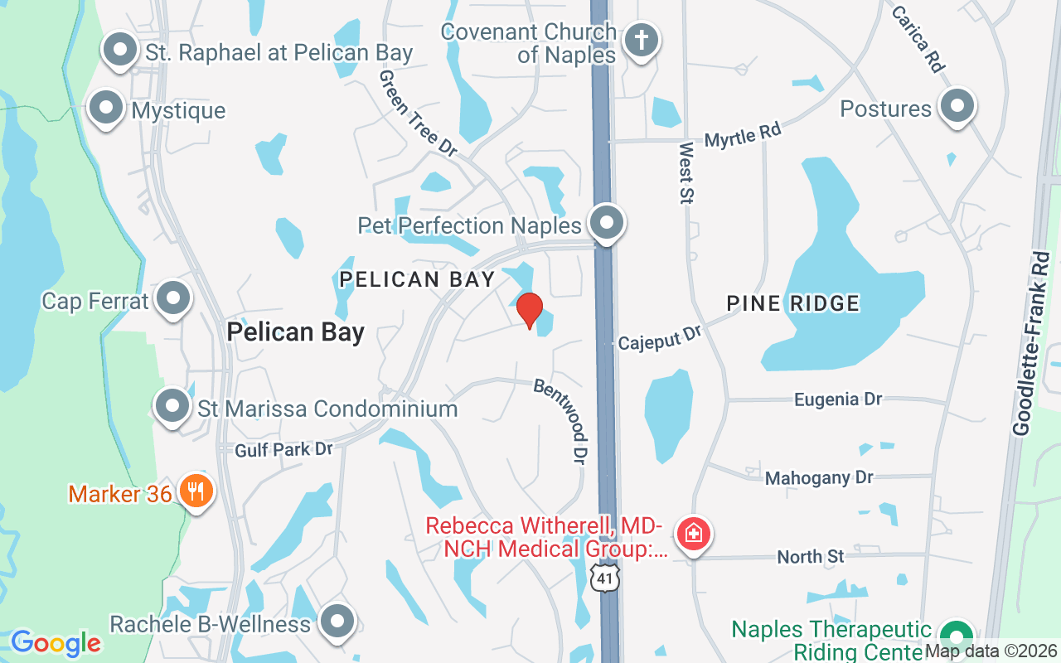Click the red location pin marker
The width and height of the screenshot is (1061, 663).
529,310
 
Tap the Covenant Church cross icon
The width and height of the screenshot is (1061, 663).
641,40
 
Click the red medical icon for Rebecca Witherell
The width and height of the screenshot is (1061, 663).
694,533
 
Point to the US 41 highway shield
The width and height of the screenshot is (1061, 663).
606,578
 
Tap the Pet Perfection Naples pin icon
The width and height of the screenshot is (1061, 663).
607,222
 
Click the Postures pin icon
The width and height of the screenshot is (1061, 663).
957,106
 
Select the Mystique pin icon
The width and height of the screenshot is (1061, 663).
106,107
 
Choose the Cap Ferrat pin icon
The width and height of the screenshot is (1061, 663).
173,298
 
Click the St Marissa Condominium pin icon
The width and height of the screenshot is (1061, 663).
172,406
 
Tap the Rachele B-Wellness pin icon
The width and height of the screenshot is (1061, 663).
337,621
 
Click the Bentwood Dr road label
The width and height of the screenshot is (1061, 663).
561,421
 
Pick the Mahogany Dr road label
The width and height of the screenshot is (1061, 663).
819,477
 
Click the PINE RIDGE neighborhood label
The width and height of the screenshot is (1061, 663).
793,303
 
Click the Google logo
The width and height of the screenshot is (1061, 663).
56,642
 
